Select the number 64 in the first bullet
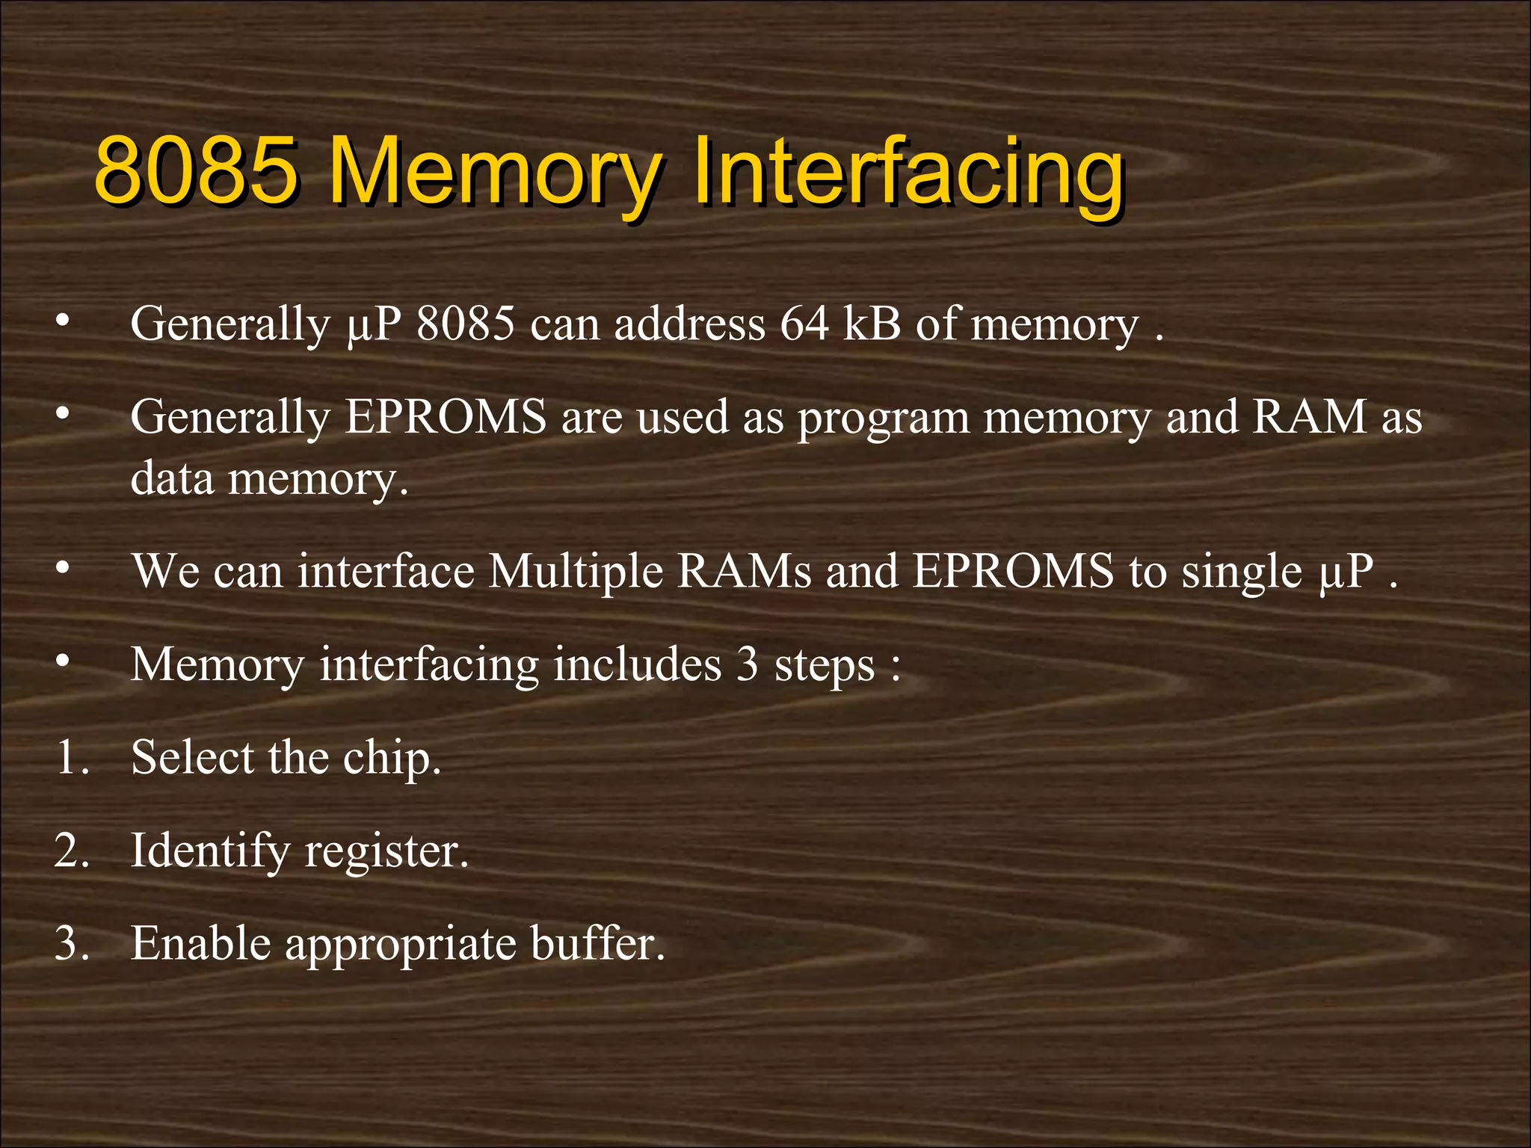pyautogui.click(x=804, y=324)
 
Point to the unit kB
pyautogui.click(x=872, y=324)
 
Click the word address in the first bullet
pyautogui.click(x=689, y=324)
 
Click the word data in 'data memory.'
pyautogui.click(x=172, y=478)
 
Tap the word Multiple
pyautogui.click(x=576, y=572)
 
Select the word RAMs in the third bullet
pyautogui.click(x=744, y=572)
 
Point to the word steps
pyautogui.click(x=824, y=664)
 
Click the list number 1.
pyautogui.click(x=71, y=757)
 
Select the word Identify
pyautogui.click(x=209, y=851)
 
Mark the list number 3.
pyautogui.click(x=71, y=943)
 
